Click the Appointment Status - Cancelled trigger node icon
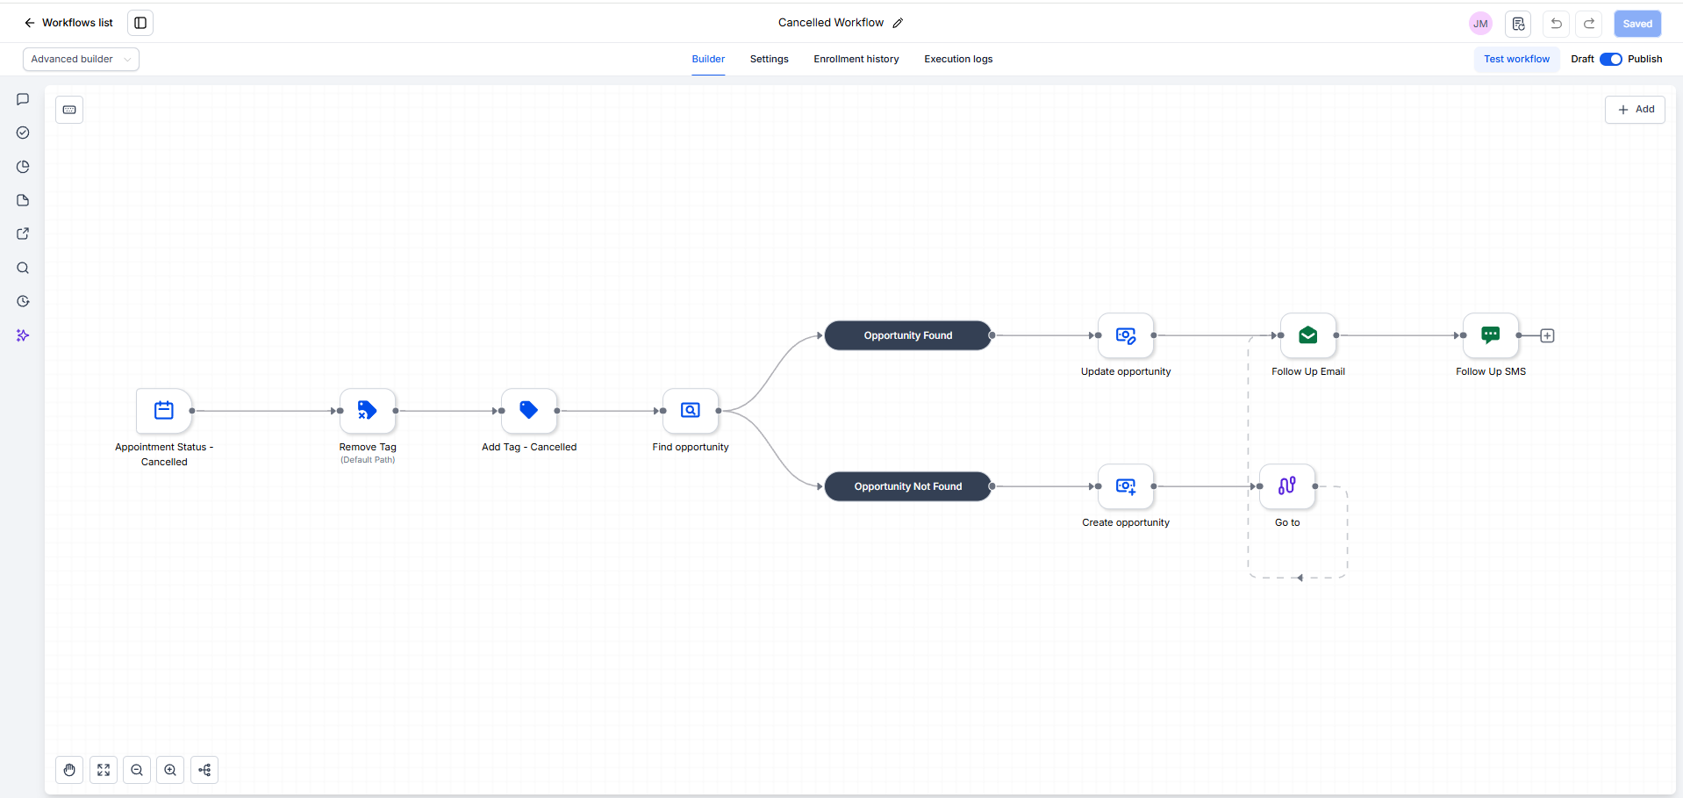pyautogui.click(x=164, y=410)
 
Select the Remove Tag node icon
pyautogui.click(x=368, y=410)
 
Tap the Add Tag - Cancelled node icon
pyautogui.click(x=529, y=410)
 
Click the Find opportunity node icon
pyautogui.click(x=691, y=410)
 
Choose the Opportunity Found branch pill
pyautogui.click(x=908, y=335)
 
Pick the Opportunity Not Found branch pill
pyautogui.click(x=908, y=486)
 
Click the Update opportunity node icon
pyautogui.click(x=1126, y=335)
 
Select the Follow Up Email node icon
pyautogui.click(x=1308, y=335)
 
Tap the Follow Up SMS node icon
pyautogui.click(x=1491, y=335)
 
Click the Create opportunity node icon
pyautogui.click(x=1126, y=486)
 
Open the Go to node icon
pyautogui.click(x=1287, y=486)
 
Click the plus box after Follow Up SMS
pyautogui.click(x=1547, y=335)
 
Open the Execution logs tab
pyautogui.click(x=958, y=59)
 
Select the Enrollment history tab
pyautogui.click(x=856, y=59)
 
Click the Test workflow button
pyautogui.click(x=1516, y=59)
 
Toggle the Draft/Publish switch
pyautogui.click(x=1611, y=59)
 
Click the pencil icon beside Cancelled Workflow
pyautogui.click(x=898, y=23)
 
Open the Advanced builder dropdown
pyautogui.click(x=81, y=59)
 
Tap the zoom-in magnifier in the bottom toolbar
pyautogui.click(x=170, y=770)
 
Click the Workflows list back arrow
pyautogui.click(x=30, y=23)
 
